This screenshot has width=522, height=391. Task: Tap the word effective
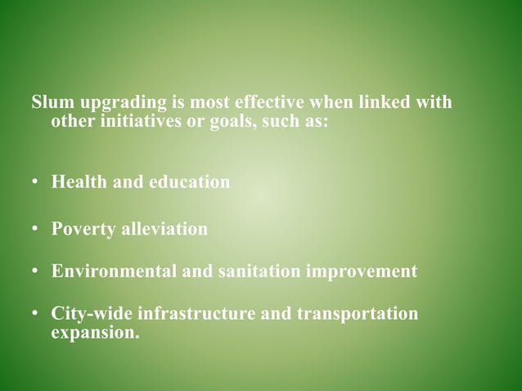tap(271, 106)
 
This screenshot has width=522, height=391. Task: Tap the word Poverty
tap(83, 229)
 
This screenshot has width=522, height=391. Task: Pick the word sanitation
tap(263, 271)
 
